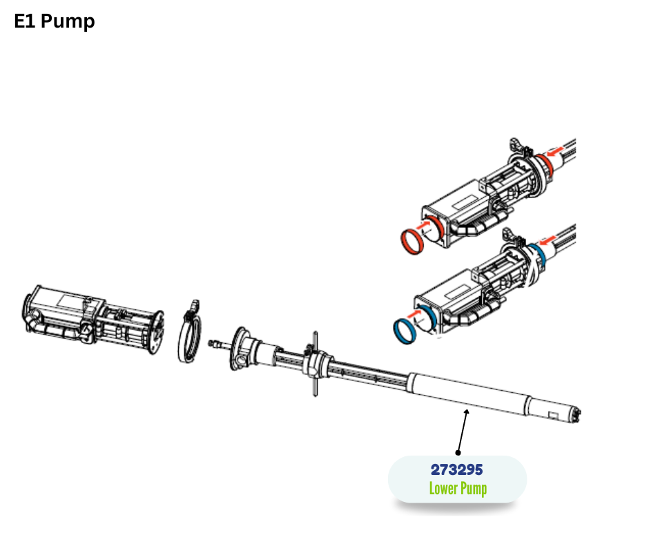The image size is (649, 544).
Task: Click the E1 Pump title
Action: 55,21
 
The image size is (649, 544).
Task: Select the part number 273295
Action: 456,470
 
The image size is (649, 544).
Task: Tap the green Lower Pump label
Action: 458,489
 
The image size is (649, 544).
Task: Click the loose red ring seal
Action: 411,242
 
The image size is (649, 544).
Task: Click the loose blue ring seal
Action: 405,331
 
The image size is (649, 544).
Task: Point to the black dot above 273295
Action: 458,453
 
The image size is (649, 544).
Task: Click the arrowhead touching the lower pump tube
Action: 467,411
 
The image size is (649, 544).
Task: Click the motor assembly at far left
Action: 93,319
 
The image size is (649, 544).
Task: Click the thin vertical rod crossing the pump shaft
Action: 316,364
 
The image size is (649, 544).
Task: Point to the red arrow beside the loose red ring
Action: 423,226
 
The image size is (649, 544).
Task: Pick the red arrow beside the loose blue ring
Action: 415,314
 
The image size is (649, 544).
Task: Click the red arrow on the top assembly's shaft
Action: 555,150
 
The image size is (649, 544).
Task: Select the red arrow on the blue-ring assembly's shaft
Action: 548,240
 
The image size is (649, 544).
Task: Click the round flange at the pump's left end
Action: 240,349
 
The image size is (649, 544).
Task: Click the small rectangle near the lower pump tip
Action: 554,414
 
